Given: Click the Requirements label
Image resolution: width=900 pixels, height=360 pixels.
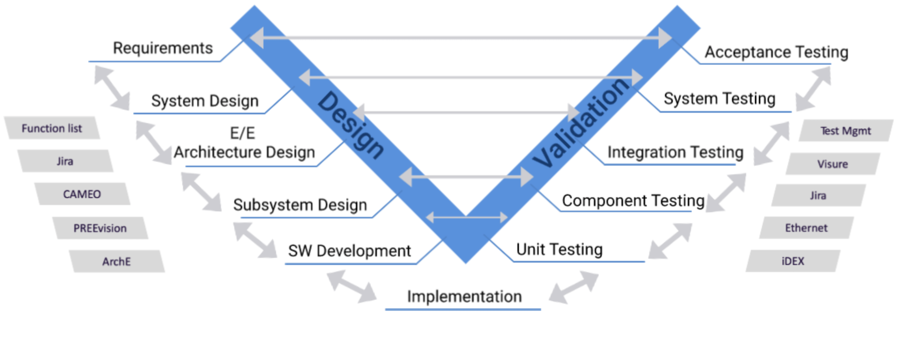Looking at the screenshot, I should tap(162, 48).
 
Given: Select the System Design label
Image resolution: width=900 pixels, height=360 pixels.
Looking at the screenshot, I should tap(205, 101).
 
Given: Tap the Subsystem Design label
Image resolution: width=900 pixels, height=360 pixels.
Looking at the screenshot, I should tap(300, 205).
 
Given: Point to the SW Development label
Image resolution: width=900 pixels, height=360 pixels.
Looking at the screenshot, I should tap(349, 251).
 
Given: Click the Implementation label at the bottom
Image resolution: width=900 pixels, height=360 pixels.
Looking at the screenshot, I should tap(464, 297).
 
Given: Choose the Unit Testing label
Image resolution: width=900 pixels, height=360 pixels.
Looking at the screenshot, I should tap(559, 250).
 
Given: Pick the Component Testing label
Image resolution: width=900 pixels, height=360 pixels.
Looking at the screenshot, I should tap(633, 201).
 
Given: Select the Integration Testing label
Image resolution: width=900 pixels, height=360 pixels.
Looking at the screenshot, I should tap(675, 152).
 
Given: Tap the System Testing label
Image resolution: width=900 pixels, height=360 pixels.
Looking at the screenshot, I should tap(719, 99).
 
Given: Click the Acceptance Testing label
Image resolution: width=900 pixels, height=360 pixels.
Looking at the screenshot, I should tap(776, 52).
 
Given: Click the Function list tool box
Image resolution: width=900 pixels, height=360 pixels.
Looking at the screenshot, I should tap(52, 128).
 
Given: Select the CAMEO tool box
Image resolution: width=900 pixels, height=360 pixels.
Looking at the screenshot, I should tap(82, 194).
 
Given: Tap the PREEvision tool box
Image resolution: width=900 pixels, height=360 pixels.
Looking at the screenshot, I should tap(100, 228).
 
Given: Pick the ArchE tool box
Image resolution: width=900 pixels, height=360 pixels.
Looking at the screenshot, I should tap(116, 261).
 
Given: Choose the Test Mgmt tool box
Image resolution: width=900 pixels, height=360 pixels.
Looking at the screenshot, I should tap(846, 131).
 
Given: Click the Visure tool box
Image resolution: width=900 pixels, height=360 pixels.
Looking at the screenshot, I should tap(833, 164).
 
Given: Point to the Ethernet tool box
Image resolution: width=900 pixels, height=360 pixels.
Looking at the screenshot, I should tap(806, 228).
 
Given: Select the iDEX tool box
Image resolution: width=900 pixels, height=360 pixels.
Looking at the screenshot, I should tap(793, 261).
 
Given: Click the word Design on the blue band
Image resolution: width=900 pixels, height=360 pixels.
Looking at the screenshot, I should tap(351, 125).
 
